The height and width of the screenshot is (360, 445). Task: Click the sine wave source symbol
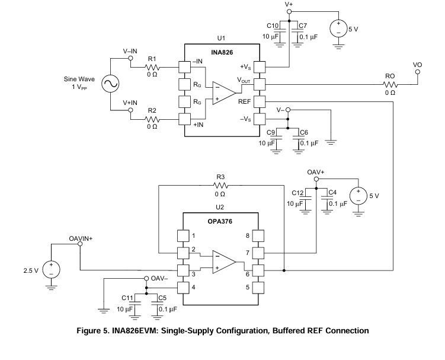coord(110,84)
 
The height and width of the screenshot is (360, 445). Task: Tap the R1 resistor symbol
coord(152,68)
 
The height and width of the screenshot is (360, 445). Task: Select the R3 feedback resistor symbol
coord(220,186)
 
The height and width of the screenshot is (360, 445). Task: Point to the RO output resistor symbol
coord(390,84)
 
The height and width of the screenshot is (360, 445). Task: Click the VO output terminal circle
coord(418,72)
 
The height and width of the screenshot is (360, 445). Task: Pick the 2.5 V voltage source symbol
coord(52,270)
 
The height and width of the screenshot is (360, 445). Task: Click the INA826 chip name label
coord(222,52)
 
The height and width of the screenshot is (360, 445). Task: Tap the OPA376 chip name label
coord(220,221)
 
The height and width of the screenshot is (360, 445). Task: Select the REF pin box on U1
coord(260,101)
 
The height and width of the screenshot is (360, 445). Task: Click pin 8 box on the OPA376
coord(258,236)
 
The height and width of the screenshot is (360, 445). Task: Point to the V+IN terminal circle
coord(130,110)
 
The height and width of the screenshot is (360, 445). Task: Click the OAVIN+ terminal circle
coord(80,244)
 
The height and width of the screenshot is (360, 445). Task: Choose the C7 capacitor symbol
coord(297,34)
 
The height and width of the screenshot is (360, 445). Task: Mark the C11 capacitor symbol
coord(135,305)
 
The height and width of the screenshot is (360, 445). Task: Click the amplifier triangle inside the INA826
coord(224,93)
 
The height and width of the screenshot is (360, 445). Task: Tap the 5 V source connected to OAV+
coord(358,196)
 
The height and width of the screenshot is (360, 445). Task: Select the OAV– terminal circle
coord(146,278)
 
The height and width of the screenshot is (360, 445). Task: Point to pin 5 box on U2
coord(258,288)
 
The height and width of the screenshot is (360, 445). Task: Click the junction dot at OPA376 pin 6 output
coord(284,270)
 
